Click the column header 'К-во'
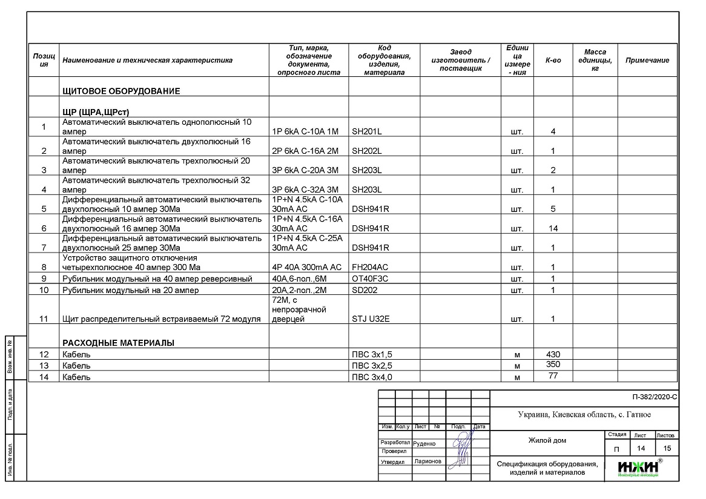pos(553,60)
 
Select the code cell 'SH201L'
pos(367,131)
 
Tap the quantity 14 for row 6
pos(553,228)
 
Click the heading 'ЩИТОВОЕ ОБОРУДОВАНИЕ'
pos(121,91)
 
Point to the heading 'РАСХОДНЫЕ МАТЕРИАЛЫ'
pos(118,343)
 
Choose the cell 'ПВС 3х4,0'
pos(376,377)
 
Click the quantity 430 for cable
pos(553,354)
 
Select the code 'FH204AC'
pos(370,267)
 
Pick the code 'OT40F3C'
pos(370,279)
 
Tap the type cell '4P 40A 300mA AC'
pos(307,267)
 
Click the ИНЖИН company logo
pos(638,468)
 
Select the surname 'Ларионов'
pos(428,461)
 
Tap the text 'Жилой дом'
pos(547,440)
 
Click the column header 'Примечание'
pos(647,60)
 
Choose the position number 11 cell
pos(44,319)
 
